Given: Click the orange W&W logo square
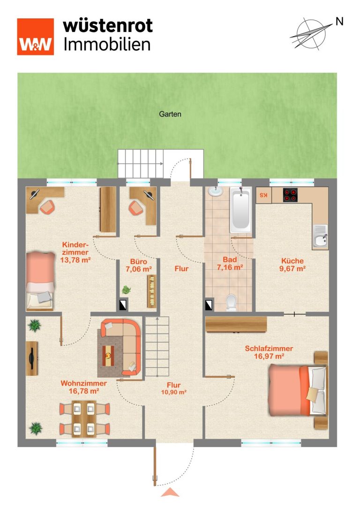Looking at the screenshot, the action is pyautogui.click(x=36, y=37).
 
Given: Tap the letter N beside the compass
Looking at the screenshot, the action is pyautogui.click(x=339, y=22).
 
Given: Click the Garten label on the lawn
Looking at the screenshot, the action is pyautogui.click(x=170, y=114).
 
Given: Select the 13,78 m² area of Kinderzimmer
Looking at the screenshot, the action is pyautogui.click(x=75, y=260).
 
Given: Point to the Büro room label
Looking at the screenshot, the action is pyautogui.click(x=138, y=261).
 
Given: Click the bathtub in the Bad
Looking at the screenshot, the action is pyautogui.click(x=241, y=210).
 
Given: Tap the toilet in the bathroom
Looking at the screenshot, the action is pyautogui.click(x=232, y=303).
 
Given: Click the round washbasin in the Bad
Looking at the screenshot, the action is pyautogui.click(x=215, y=191).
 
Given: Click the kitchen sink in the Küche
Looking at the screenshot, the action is pyautogui.click(x=320, y=237).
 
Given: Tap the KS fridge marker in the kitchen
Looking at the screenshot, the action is pyautogui.click(x=263, y=196).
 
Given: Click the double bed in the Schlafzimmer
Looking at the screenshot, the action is pyautogui.click(x=297, y=390).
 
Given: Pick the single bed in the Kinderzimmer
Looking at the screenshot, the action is pyautogui.click(x=40, y=281).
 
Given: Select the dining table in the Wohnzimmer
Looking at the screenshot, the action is pyautogui.click(x=84, y=419).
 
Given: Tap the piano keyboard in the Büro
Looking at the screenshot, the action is pyautogui.click(x=152, y=291).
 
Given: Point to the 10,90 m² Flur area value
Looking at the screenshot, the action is pyautogui.click(x=174, y=392).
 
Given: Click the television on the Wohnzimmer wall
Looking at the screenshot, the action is pyautogui.click(x=32, y=358).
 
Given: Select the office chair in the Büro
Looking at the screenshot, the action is pyautogui.click(x=136, y=207).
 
